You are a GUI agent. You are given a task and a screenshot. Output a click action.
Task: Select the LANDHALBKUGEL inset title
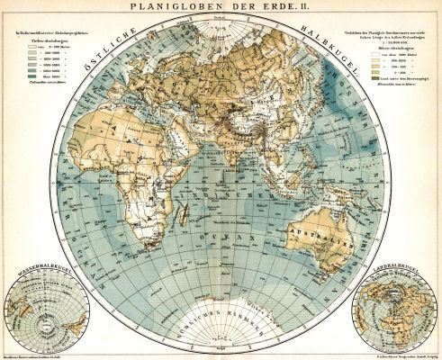(x=401, y=268)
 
